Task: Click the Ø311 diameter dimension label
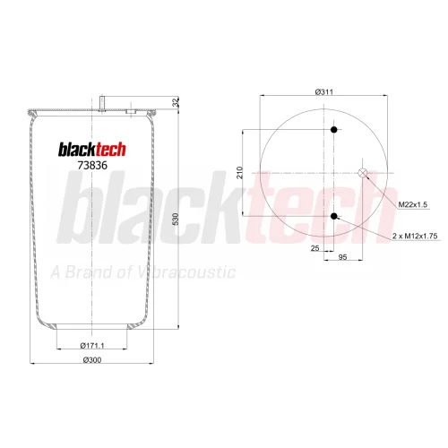pyautogui.click(x=323, y=91)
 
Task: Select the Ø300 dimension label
pyautogui.click(x=92, y=360)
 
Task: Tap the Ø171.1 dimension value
pyautogui.click(x=92, y=346)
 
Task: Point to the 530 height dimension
pyautogui.click(x=176, y=219)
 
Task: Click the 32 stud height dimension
pyautogui.click(x=177, y=102)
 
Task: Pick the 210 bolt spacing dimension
pyautogui.click(x=240, y=173)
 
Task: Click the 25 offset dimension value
pyautogui.click(x=314, y=248)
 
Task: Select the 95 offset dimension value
pyautogui.click(x=343, y=257)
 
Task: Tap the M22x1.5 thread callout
pyautogui.click(x=413, y=204)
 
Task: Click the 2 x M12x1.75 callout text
pyautogui.click(x=415, y=236)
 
